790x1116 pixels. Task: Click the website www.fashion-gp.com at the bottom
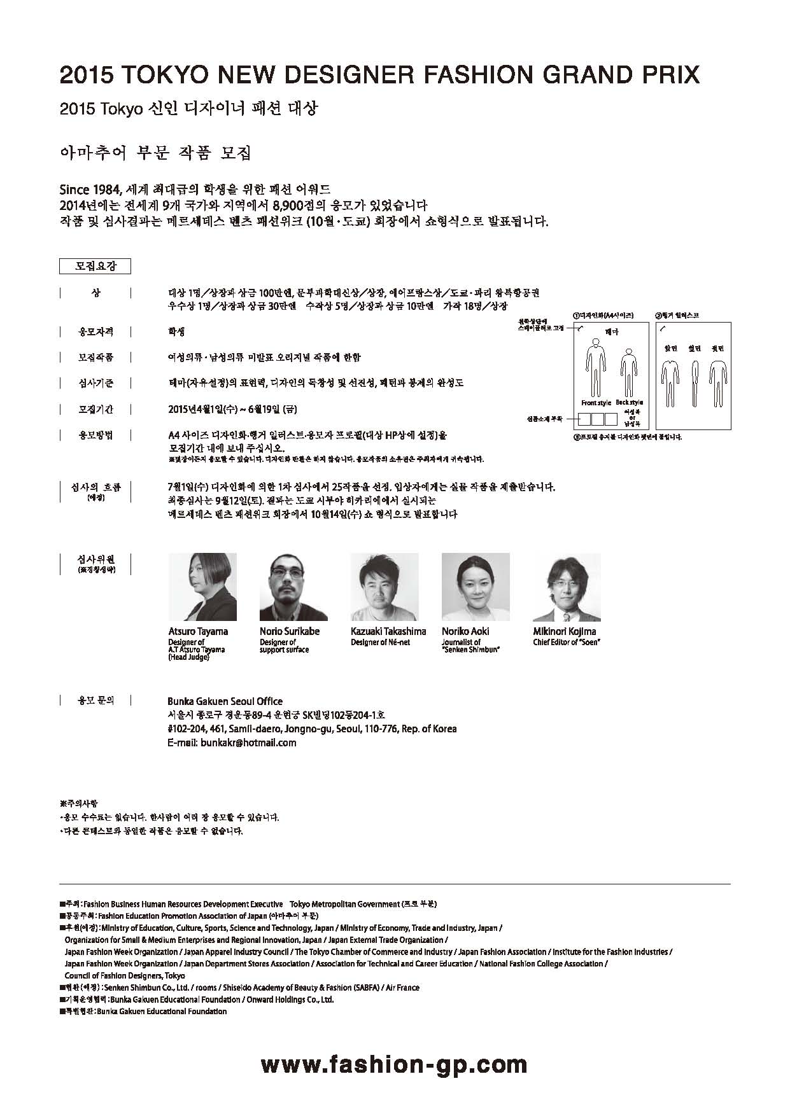coord(394,1064)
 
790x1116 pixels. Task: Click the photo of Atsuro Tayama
coord(202,587)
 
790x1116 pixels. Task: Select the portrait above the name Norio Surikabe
coord(293,587)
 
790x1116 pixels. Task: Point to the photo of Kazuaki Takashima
coord(384,587)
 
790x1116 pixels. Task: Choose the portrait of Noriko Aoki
coord(476,587)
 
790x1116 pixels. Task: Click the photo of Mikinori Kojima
coord(567,587)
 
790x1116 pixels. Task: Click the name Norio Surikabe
coord(289,631)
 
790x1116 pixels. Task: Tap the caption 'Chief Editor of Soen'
coord(567,643)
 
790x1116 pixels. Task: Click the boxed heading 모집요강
coord(95,266)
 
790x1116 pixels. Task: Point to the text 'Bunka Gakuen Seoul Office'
coord(225,701)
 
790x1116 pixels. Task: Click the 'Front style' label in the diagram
coord(596,403)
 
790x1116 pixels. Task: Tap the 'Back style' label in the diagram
coord(629,403)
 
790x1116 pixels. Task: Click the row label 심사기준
coord(95,383)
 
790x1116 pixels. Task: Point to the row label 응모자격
coord(95,331)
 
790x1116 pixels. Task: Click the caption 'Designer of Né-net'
coord(380,643)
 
